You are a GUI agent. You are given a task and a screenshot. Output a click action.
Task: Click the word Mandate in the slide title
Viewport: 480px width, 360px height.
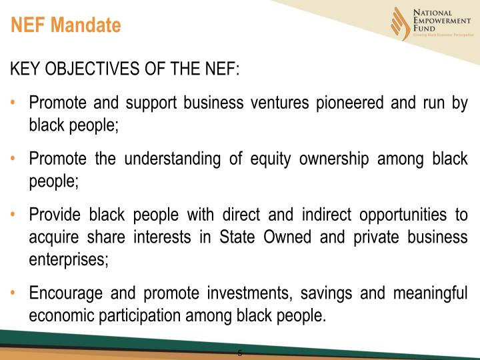[x=89, y=26]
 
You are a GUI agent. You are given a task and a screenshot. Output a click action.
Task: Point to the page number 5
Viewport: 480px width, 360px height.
[x=240, y=353]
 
